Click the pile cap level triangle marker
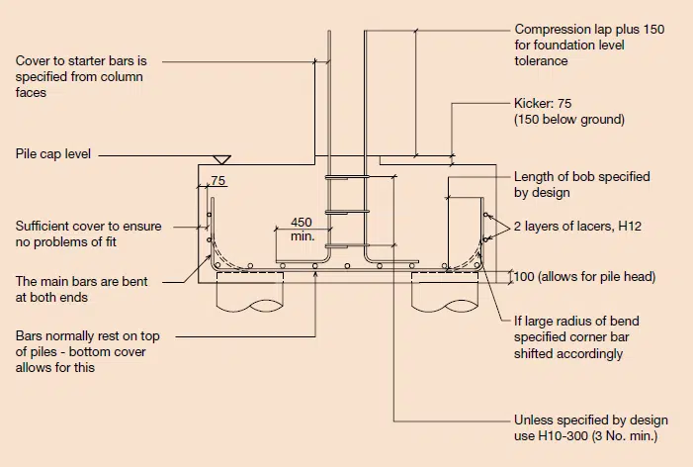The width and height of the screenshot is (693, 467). point(221,159)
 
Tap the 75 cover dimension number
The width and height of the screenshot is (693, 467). point(218,180)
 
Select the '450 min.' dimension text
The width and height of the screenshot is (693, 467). point(303,229)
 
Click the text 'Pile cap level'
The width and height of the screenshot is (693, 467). point(53,154)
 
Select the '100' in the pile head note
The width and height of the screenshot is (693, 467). point(524,277)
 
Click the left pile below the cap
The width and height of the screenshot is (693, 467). point(250,292)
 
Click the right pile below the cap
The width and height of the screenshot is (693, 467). point(445,292)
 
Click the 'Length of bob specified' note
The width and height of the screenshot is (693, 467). point(582,176)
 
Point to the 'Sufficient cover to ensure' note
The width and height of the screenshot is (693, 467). point(88,226)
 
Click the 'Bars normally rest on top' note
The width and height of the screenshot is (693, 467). point(88,336)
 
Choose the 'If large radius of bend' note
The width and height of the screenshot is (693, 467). point(576,321)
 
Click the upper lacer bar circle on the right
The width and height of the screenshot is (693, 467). point(485,215)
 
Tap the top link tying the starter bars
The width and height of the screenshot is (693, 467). point(347,177)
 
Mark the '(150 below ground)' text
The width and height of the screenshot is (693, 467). point(569,120)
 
